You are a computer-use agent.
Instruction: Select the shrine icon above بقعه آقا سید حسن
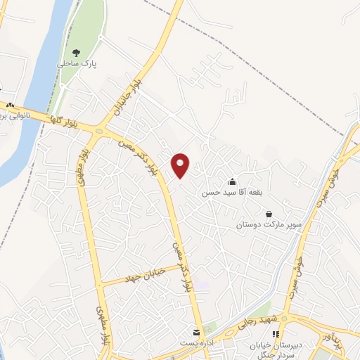point(232,181)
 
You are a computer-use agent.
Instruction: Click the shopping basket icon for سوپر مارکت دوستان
point(269,214)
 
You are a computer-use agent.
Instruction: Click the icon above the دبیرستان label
point(276,333)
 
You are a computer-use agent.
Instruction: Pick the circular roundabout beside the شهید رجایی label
point(288,317)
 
